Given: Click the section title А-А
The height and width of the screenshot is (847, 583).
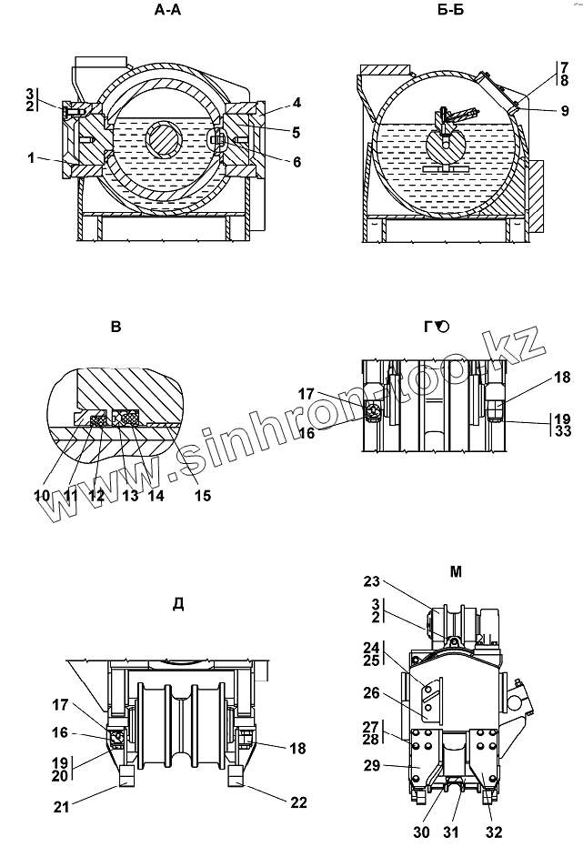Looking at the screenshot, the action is pyautogui.click(x=168, y=10).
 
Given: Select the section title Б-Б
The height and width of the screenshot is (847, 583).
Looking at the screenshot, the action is pyautogui.click(x=451, y=10).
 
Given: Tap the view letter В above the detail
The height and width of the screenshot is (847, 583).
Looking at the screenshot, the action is pyautogui.click(x=116, y=327).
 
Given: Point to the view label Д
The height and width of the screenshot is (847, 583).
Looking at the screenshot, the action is pyautogui.click(x=178, y=604).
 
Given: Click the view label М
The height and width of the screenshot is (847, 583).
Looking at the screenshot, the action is pyautogui.click(x=456, y=571).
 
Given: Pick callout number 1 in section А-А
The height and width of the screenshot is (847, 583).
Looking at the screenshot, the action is pyautogui.click(x=31, y=157).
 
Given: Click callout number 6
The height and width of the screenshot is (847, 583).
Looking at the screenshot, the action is pyautogui.click(x=297, y=162).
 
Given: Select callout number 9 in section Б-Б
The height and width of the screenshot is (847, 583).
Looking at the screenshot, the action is pyautogui.click(x=565, y=111).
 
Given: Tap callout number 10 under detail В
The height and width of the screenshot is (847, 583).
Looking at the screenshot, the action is pyautogui.click(x=42, y=495).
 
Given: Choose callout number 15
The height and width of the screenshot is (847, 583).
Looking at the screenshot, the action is pyautogui.click(x=203, y=495).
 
